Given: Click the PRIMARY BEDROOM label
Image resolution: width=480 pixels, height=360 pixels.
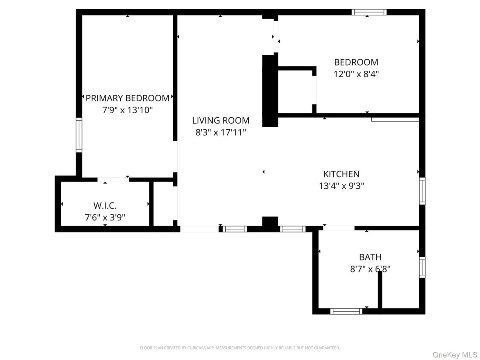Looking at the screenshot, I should [127, 98].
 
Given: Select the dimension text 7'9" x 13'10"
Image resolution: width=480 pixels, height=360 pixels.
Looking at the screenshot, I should [127, 110].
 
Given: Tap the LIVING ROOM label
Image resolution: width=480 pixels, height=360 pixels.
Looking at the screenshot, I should [220, 120].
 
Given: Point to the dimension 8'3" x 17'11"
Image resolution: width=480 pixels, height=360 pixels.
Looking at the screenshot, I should [220, 132].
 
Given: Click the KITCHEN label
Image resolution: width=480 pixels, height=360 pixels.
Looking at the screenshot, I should [341, 174].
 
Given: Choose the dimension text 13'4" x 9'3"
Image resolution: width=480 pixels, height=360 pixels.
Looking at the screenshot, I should [341, 186].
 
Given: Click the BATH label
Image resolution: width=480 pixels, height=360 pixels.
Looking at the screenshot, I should [370, 257].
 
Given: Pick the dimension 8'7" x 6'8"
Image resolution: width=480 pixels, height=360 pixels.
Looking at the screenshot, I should [370, 269].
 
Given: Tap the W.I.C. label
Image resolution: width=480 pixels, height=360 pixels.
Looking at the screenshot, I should [105, 206].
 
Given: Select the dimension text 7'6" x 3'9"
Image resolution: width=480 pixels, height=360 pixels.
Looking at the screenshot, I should [105, 218].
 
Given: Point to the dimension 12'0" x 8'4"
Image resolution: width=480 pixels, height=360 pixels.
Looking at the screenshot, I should [356, 74].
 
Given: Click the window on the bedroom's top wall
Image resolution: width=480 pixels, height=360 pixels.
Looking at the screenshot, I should [369, 12].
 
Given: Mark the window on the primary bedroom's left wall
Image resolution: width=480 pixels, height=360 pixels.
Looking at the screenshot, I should [79, 135].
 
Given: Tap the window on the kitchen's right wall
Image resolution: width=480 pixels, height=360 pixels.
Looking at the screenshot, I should [422, 191].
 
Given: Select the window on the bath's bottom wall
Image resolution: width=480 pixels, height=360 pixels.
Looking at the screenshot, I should [346, 311].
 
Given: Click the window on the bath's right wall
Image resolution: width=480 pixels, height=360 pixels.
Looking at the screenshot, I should [422, 268].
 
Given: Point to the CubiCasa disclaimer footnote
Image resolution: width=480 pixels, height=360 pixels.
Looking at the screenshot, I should [240, 348].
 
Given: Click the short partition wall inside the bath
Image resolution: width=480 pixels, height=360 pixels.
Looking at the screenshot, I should [380, 290].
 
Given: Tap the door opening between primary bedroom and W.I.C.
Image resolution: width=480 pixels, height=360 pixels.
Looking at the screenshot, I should [113, 180].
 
